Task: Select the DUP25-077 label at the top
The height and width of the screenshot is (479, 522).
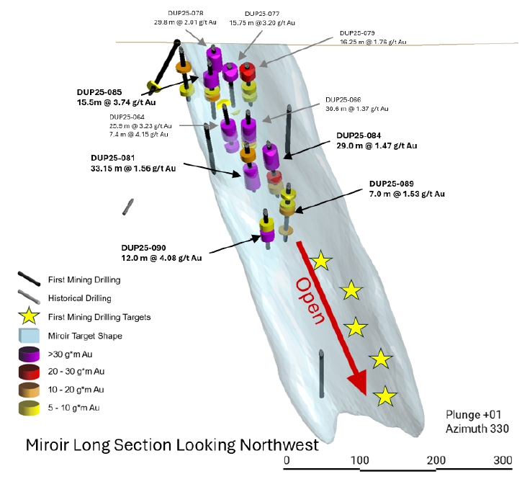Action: pos(262,14)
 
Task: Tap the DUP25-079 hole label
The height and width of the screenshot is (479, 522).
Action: pos(358,33)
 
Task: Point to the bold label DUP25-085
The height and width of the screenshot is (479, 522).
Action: pos(102,92)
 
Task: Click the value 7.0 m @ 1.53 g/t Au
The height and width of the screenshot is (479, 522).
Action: pos(407,194)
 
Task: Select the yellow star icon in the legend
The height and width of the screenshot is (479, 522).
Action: pos(29,315)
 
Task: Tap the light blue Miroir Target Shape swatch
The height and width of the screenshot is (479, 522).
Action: pos(29,335)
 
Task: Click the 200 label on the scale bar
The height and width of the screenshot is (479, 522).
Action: pos(434,460)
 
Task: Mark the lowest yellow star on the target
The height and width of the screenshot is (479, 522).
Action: pos(387,395)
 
